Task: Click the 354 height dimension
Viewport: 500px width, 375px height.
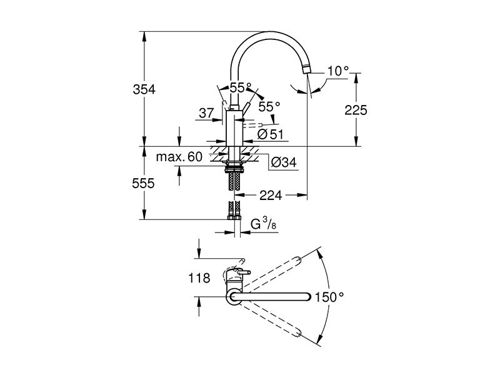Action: pos(144,89)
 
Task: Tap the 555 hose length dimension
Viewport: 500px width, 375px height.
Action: pos(144,183)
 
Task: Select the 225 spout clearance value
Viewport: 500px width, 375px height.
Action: pos(356,110)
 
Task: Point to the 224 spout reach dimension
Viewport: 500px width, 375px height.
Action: pos(271,195)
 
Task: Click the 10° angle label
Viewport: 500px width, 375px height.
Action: pos(338,71)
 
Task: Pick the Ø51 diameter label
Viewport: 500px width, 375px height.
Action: pos(270,134)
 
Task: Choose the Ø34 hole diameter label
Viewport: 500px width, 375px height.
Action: pos(284,162)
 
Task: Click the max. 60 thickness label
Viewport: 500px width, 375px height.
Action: pos(179,157)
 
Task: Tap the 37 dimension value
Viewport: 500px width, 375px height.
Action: pos(206,112)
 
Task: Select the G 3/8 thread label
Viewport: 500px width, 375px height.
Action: pos(263,224)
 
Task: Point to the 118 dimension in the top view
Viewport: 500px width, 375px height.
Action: pos(199,278)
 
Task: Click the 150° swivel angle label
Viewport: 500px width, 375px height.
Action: pos(330,297)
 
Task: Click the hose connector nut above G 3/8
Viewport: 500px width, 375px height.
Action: pos(234,217)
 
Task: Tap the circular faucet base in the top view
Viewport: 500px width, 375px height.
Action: pos(234,296)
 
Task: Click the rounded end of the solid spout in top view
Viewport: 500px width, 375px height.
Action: pos(307,296)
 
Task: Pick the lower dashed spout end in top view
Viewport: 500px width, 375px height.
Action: pos(298,334)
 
